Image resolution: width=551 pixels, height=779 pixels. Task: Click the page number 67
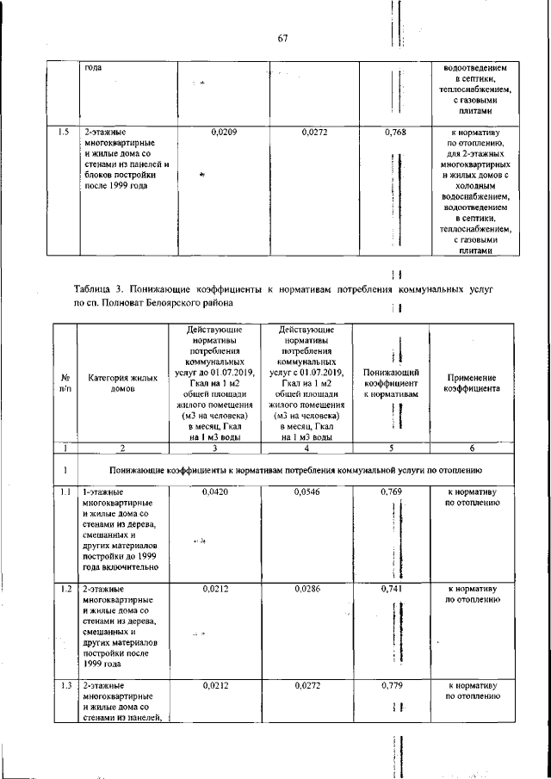pyautogui.click(x=282, y=37)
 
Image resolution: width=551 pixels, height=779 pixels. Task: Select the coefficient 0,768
pyautogui.click(x=393, y=133)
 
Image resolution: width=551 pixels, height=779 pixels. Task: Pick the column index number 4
pyautogui.click(x=306, y=448)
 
